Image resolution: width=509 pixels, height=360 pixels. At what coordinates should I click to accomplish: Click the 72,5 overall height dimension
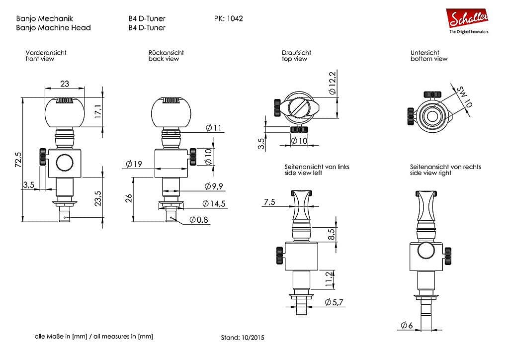(x=18, y=161)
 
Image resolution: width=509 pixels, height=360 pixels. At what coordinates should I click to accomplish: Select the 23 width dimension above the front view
(x=65, y=84)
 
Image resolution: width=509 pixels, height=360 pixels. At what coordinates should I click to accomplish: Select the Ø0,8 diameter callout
(x=199, y=219)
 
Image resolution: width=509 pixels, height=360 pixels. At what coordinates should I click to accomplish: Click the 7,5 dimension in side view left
(x=269, y=201)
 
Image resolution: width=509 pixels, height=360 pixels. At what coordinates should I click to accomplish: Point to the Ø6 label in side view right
(x=406, y=325)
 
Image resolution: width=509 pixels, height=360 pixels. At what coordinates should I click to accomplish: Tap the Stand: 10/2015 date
(x=243, y=337)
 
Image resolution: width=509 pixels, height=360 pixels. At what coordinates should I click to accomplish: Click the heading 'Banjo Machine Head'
(x=53, y=28)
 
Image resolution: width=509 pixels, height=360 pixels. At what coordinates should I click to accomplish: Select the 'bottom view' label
(x=428, y=59)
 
